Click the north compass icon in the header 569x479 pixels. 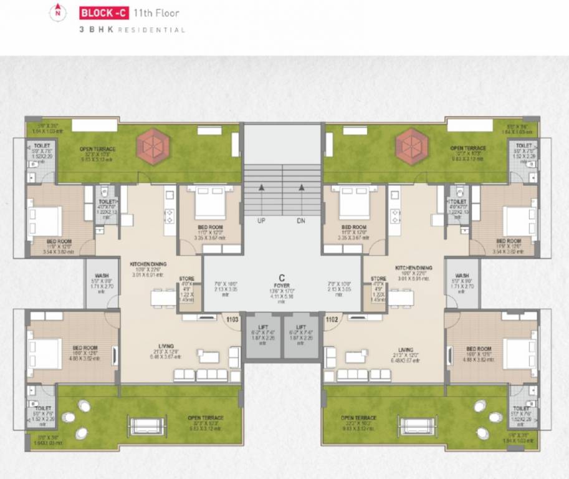58,11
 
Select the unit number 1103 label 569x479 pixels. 232,319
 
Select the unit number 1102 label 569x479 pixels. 332,319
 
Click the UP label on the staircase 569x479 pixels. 262,221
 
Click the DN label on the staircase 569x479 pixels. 301,221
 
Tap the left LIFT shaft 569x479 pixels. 262,337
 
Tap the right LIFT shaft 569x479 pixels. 301,337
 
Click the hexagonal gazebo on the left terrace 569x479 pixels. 152,147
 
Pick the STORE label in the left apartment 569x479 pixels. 186,279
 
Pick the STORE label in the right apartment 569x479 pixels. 378,279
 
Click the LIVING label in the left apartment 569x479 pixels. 166,346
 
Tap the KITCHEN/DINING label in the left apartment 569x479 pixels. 146,264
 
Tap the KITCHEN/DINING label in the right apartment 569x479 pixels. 413,268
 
